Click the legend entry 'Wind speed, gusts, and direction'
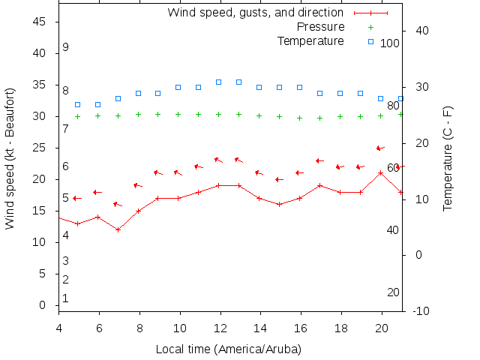coord(256,13)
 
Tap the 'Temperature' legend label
coord(310,41)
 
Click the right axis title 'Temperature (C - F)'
coord(448,158)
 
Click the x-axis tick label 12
coord(219,328)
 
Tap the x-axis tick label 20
coord(380,328)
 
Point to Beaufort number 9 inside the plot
coord(66,47)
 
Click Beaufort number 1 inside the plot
coord(66,298)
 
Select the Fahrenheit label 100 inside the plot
coord(390,43)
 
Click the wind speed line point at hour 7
coord(118,229)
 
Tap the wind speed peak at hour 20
coord(381,172)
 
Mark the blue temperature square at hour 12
coord(219,82)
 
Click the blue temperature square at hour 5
coord(78,104)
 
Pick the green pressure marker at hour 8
coord(138,115)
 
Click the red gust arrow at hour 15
coord(279,180)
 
